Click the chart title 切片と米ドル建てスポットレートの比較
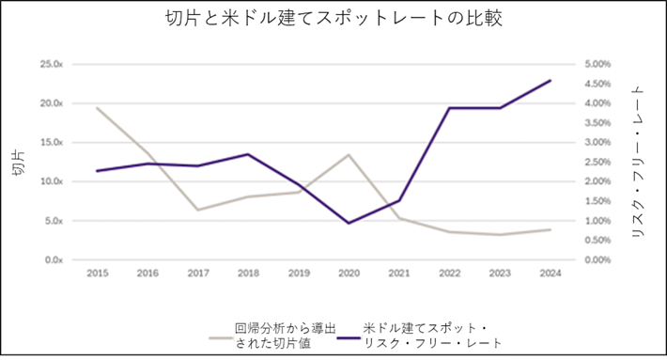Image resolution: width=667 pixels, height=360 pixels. pyautogui.click(x=333, y=19)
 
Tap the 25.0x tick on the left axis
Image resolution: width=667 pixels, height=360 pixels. pyautogui.click(x=52, y=64)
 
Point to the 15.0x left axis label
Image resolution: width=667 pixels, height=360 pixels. pyautogui.click(x=52, y=142)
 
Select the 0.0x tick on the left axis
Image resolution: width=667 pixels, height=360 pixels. pyautogui.click(x=54, y=259)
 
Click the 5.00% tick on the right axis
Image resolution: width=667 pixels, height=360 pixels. pyautogui.click(x=597, y=64)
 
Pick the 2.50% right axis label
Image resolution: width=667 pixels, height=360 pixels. pyautogui.click(x=597, y=162)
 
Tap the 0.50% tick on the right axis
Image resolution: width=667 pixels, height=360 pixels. pyautogui.click(x=597, y=240)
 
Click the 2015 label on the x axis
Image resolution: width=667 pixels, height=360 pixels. pyautogui.click(x=98, y=274)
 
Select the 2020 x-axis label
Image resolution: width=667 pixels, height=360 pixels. pyautogui.click(x=349, y=274)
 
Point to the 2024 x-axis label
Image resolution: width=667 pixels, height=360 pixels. pyautogui.click(x=551, y=274)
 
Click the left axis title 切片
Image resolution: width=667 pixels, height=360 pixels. pyautogui.click(x=19, y=162)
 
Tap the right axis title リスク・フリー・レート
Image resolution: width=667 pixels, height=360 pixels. pyautogui.click(x=638, y=162)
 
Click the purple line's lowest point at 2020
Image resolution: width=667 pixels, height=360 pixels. pyautogui.click(x=349, y=223)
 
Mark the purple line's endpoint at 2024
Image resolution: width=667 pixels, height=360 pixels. pyautogui.click(x=551, y=81)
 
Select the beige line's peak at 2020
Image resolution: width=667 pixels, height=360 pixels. pyautogui.click(x=349, y=154)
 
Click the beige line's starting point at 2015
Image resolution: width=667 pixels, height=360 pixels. pyautogui.click(x=98, y=108)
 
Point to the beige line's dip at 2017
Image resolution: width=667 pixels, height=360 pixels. pyautogui.click(x=198, y=210)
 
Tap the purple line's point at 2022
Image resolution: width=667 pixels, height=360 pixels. pyautogui.click(x=450, y=108)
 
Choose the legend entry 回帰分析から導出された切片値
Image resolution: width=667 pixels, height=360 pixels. pyautogui.click(x=272, y=336)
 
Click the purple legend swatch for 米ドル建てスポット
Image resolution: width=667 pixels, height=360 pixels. pyautogui.click(x=349, y=338)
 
